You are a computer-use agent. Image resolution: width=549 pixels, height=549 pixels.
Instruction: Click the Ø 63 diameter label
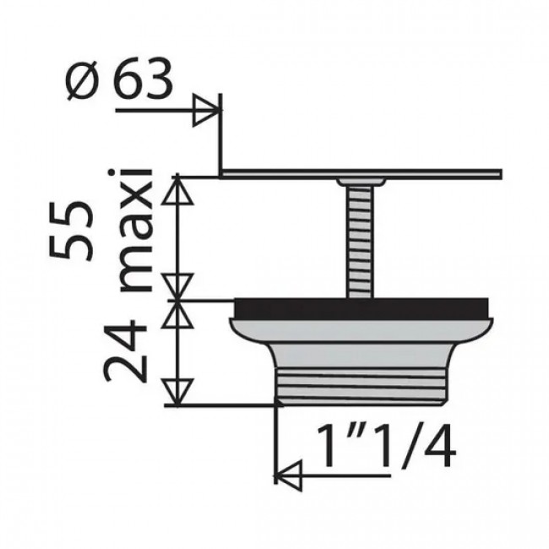coord(118,82)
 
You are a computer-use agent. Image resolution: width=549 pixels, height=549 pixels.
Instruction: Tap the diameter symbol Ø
coord(82,82)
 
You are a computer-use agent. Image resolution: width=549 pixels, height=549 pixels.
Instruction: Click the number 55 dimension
coord(68,233)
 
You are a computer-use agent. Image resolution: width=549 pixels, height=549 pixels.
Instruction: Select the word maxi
coord(135,230)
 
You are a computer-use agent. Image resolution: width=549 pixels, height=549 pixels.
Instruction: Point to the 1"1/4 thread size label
coord(384,447)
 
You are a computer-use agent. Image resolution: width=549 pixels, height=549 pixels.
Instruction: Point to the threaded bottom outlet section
coord(361,385)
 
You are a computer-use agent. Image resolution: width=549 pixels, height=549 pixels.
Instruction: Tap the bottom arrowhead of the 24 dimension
coord(177,390)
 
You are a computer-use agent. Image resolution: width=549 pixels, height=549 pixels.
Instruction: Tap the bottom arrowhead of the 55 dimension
coord(177,285)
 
